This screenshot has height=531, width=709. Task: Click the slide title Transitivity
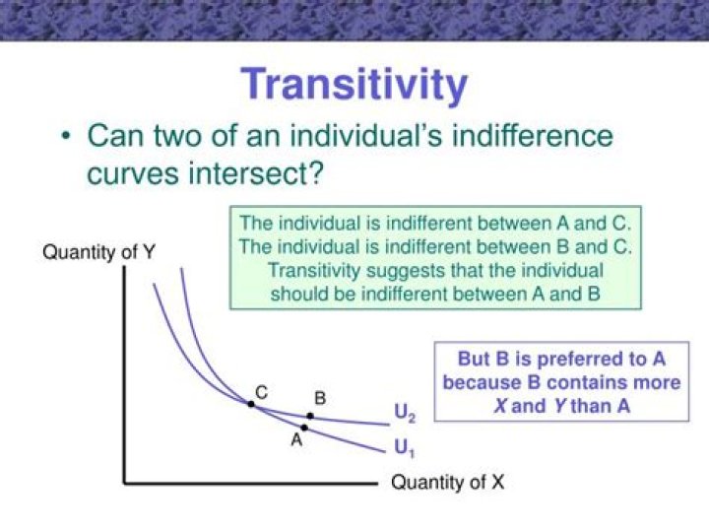coord(354,85)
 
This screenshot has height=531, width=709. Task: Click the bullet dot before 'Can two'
coord(65,136)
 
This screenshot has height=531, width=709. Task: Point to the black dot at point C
coord(251,404)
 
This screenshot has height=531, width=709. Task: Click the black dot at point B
coord(310,416)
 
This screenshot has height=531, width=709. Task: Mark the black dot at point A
coord(304,428)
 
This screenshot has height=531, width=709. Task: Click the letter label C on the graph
coord(261,391)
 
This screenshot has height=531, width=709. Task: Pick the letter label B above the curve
coord(319,398)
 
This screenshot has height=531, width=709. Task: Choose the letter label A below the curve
coord(295,441)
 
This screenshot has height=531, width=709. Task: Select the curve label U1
coord(403,448)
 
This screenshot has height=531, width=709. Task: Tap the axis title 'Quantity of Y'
coord(98,252)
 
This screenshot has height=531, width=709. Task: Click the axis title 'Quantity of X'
coord(448,483)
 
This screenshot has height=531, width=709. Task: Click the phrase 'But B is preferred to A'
coord(561,360)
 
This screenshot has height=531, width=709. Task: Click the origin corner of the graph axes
coord(125,483)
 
